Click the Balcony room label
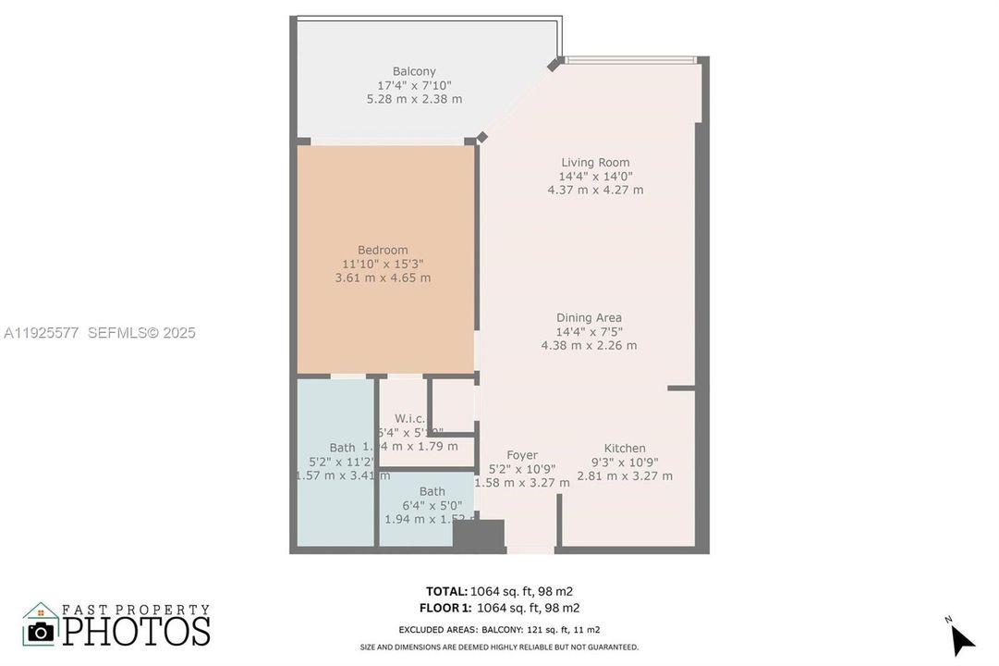tap(414, 71)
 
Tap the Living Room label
tap(595, 163)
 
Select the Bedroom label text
tap(383, 250)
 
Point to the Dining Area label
tap(589, 317)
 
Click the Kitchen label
tap(625, 449)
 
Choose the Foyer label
tap(522, 455)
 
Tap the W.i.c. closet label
tap(409, 418)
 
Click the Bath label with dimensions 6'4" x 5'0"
tap(432, 491)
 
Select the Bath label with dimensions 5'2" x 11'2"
tap(342, 449)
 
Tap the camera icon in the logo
tap(40, 631)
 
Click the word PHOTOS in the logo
tap(136, 631)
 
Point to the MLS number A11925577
tap(42, 333)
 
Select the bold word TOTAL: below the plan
tap(446, 591)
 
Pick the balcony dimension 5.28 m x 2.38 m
tap(414, 99)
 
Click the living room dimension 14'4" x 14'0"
tap(595, 176)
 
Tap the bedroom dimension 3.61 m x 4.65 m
tap(383, 277)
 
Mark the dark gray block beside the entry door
tap(479, 536)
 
